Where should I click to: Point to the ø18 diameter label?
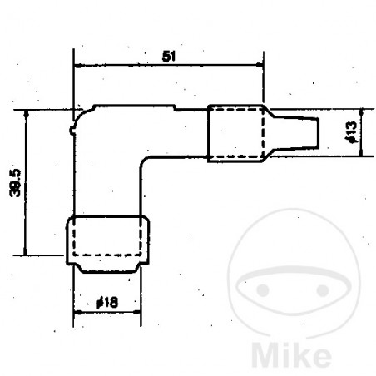[106, 304]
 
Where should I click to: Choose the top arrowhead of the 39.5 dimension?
[28, 114]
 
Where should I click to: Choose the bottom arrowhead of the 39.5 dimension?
[28, 251]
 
